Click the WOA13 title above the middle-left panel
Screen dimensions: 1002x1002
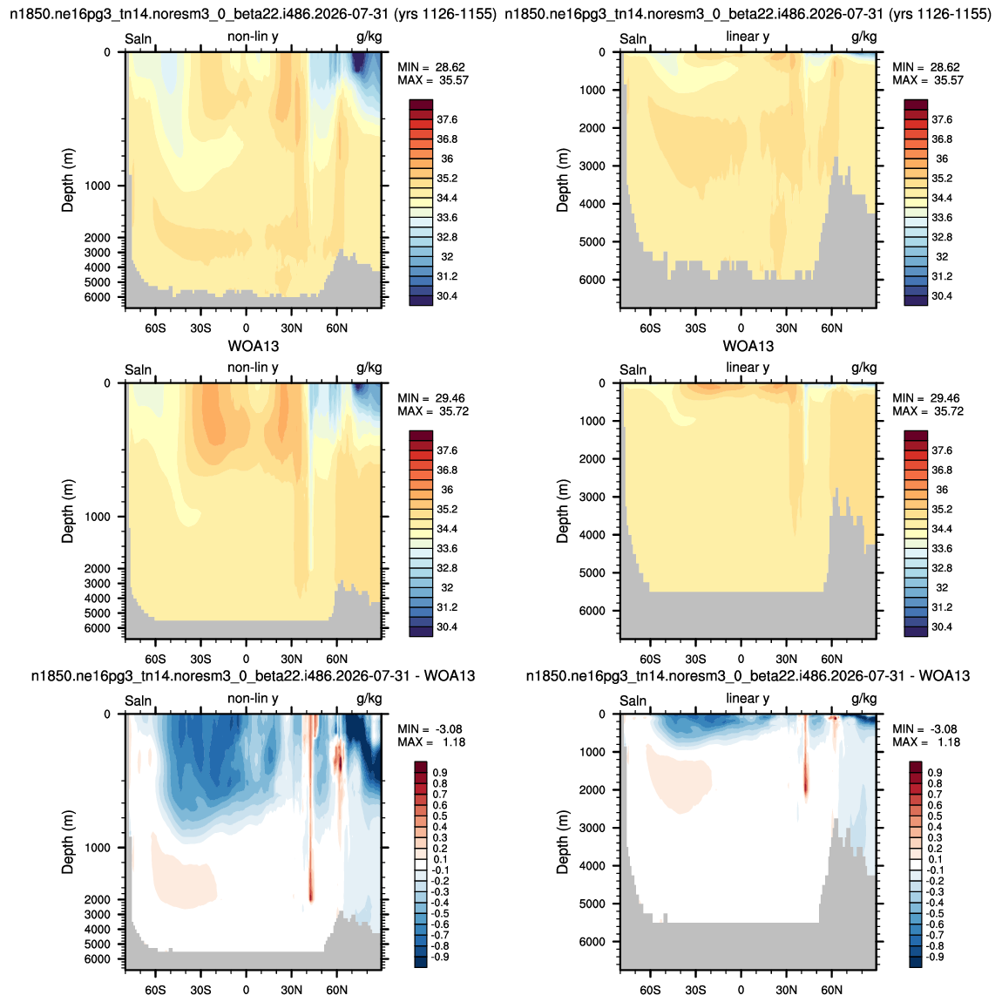[254, 347]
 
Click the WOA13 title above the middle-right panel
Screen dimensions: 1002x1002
[748, 347]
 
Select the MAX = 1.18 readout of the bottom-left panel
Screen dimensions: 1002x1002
[431, 742]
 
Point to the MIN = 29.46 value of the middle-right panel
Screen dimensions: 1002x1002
[926, 398]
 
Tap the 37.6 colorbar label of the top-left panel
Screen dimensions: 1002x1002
[447, 119]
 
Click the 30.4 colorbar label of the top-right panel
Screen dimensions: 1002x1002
[942, 296]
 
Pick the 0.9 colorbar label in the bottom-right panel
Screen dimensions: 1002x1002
[934, 773]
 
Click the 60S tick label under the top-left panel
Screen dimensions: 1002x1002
[155, 328]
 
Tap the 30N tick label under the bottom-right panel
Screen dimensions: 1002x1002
[787, 991]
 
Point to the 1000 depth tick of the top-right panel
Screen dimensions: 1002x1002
[592, 90]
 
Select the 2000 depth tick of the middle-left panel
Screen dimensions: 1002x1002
[97, 569]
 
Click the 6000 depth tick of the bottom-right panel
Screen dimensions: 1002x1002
[592, 942]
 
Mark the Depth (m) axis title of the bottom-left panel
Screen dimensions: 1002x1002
[68, 843]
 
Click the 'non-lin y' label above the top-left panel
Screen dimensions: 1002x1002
[253, 37]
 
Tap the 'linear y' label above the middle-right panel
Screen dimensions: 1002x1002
[748, 368]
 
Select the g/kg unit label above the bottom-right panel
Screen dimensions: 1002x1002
[864, 699]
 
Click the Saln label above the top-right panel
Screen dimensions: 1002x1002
[633, 39]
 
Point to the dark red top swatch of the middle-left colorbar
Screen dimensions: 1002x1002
[421, 436]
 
